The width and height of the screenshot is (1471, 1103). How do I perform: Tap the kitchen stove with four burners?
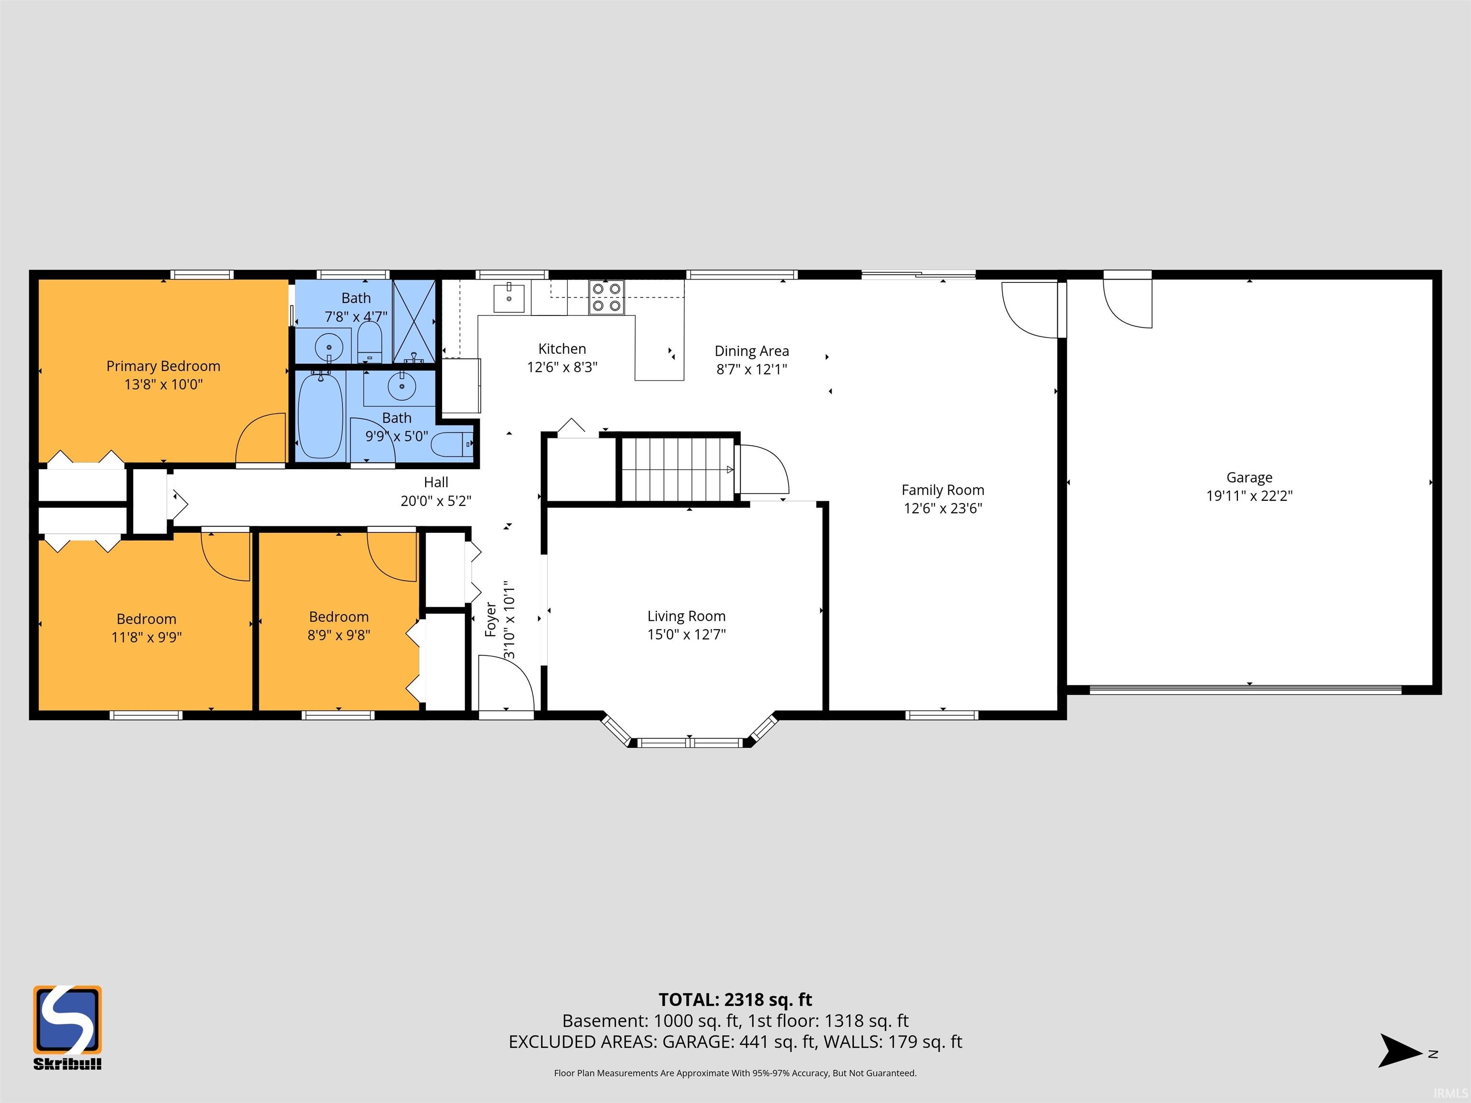[x=607, y=297]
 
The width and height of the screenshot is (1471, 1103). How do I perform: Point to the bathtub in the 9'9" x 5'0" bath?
[x=320, y=416]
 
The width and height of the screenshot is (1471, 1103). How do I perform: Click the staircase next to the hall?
[x=678, y=469]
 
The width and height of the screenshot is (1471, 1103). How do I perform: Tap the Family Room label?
[x=942, y=490]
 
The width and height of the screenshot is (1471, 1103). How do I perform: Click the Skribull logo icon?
[x=67, y=1019]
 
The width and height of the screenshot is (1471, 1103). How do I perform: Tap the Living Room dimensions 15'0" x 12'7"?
[x=686, y=634]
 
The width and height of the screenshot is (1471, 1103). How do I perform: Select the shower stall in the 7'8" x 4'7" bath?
[x=414, y=321]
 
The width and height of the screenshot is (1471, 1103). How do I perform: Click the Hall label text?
[x=436, y=482]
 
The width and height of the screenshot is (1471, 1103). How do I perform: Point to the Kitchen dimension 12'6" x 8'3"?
[x=562, y=367]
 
